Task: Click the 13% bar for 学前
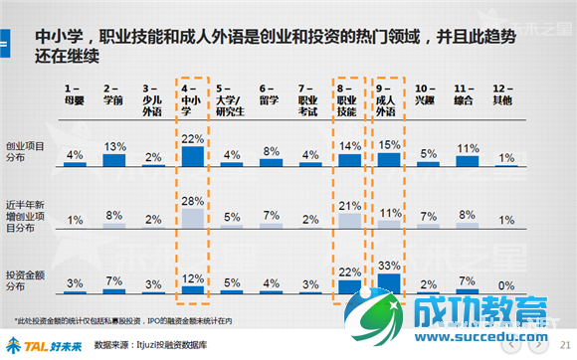click(x=113, y=159)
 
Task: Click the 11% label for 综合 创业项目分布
click(x=468, y=148)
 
